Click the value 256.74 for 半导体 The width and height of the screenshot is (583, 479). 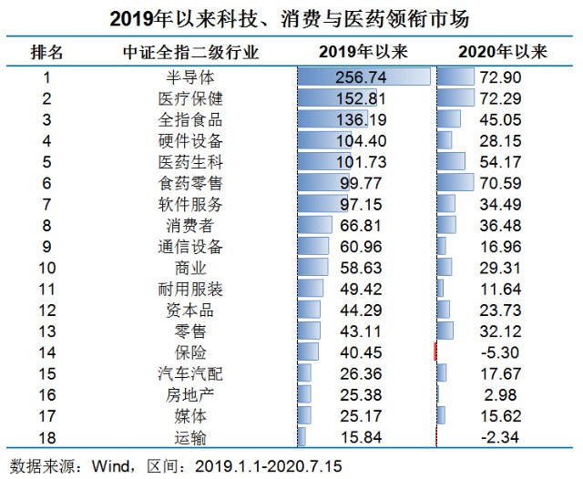[361, 77]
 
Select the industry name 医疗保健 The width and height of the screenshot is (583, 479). [190, 99]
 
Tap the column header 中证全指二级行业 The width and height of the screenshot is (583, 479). [190, 52]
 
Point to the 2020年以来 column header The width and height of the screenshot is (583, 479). [503, 52]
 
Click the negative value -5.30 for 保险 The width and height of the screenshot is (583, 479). [500, 352]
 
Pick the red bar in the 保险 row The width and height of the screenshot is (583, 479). [435, 352]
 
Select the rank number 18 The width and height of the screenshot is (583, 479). [47, 438]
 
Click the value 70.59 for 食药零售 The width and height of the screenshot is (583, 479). [500, 183]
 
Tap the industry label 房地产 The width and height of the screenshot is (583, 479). [190, 395]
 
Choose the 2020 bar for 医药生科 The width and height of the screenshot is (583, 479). [451, 161]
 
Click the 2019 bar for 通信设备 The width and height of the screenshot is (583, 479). [313, 246]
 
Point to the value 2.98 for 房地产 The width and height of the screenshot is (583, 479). [500, 395]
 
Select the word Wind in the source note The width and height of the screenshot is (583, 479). [110, 466]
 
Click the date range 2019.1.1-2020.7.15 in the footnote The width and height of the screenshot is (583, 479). [268, 466]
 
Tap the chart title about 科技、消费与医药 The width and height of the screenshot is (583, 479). [290, 18]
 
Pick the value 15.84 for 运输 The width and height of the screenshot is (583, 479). [361, 437]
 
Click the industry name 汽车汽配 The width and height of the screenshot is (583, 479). [190, 374]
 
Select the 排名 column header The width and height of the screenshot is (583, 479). [46, 52]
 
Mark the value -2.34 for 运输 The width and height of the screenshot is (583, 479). [500, 437]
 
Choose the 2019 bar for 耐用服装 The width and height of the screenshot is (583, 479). [311, 289]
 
